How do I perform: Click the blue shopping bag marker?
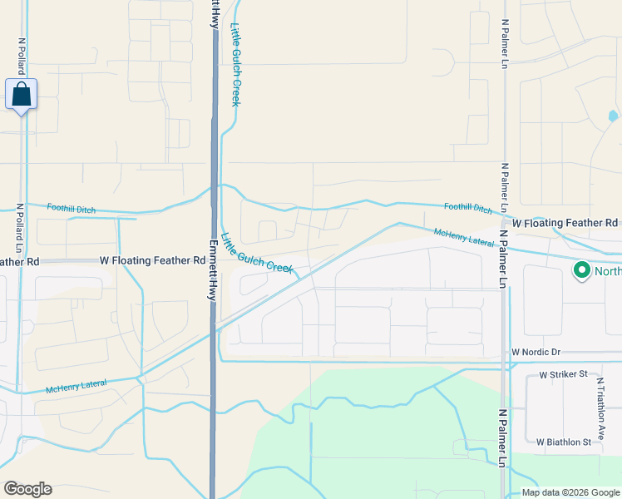[21, 95]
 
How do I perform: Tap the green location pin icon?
[581, 270]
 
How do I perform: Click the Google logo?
[27, 489]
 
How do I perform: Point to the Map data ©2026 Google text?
[570, 492]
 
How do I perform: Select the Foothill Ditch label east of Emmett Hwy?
[467, 208]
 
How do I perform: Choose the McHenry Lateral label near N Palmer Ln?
[464, 236]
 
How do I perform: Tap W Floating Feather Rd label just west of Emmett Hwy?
[152, 260]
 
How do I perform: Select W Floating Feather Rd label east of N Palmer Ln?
[565, 223]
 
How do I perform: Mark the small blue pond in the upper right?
[613, 116]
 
